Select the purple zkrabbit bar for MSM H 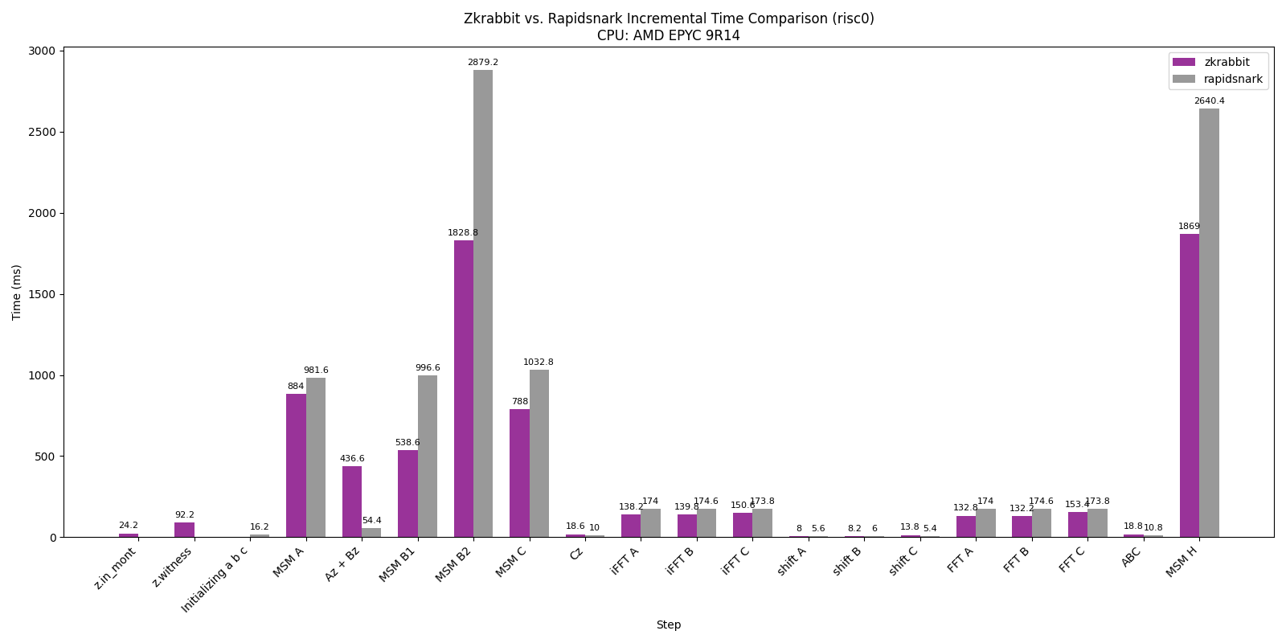click(1189, 386)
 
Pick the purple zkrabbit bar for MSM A click(296, 465)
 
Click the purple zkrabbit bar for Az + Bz click(352, 502)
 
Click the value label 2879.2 click(483, 63)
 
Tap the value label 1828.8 click(463, 233)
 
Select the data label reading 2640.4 click(1209, 101)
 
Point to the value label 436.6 click(352, 459)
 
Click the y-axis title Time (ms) click(17, 292)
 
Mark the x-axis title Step click(668, 625)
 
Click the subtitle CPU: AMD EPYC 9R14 click(668, 36)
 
